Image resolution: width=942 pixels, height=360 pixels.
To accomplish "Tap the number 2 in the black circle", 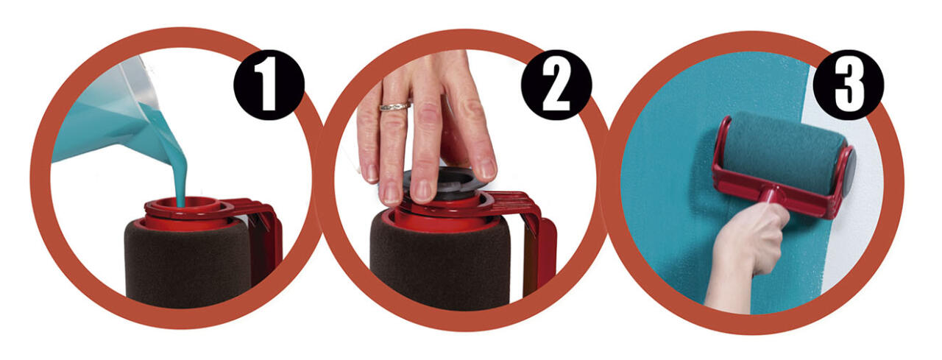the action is tap(556, 85).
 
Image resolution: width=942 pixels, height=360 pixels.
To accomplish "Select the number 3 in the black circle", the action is tap(849, 85).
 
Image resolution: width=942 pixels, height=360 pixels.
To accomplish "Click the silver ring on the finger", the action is tap(394, 107).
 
